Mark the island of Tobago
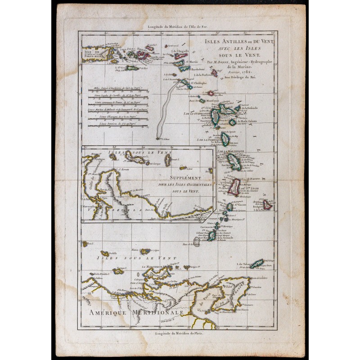coord(257,263)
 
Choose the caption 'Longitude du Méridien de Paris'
coord(180,333)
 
